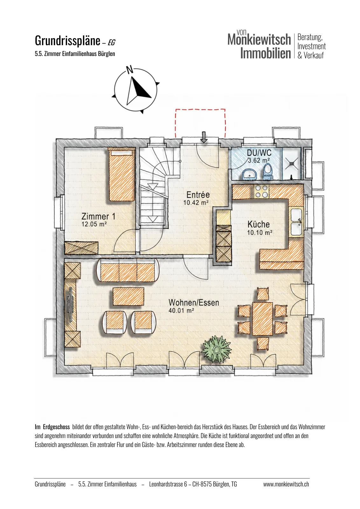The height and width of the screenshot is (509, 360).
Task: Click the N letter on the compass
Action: coord(129,70)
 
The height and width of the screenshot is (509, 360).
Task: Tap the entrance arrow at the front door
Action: coord(204,137)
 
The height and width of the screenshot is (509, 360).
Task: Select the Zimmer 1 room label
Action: coord(98,216)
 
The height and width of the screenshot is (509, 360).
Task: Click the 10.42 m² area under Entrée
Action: coord(196,202)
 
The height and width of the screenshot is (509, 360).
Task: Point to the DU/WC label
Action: coord(259,153)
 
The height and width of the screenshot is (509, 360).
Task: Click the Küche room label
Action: coord(259,225)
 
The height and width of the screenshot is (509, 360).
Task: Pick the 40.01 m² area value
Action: coord(181,310)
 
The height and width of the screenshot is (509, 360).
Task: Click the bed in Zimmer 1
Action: coord(122,174)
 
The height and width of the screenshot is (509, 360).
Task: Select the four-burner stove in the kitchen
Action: coord(261,191)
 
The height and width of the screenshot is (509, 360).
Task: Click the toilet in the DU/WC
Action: coord(267,171)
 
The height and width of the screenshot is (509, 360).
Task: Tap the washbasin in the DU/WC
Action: coord(249,175)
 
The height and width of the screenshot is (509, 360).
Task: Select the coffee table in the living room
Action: coord(128,296)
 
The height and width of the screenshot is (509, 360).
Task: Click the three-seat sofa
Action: coord(128,270)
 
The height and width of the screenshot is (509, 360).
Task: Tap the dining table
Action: coord(263,318)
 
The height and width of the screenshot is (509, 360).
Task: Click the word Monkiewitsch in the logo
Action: coord(259,39)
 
